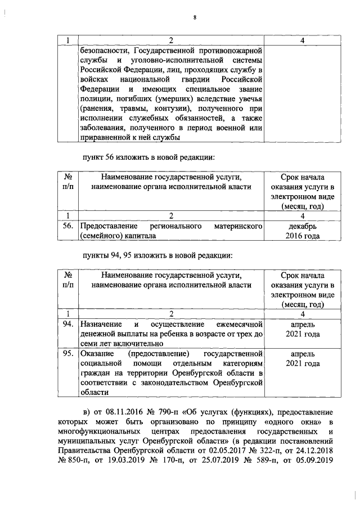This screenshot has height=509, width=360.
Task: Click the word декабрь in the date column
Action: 303,226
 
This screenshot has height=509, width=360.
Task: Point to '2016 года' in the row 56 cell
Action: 303,236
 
